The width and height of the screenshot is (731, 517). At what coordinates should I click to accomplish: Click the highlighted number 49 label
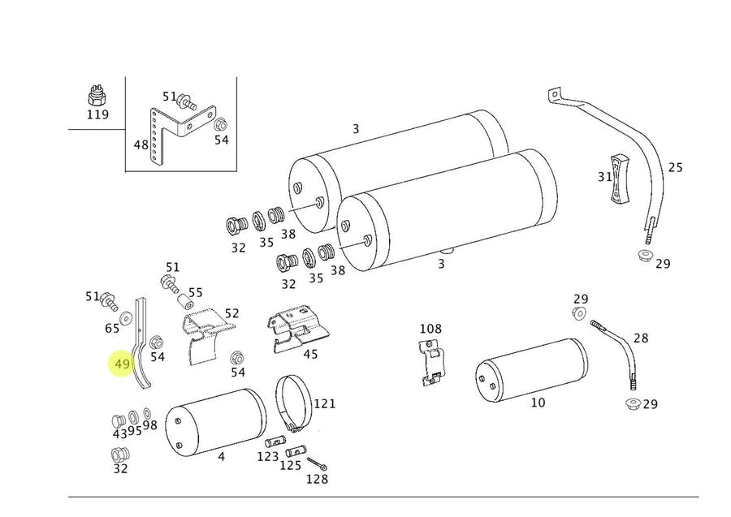coord(122,364)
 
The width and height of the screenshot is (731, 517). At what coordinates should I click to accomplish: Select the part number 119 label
coord(97,114)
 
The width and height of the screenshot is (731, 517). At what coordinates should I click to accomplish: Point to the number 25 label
coord(675,168)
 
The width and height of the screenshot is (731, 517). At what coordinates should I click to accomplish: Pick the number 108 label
coord(430,329)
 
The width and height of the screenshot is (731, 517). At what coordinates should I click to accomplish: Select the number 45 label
coord(310,353)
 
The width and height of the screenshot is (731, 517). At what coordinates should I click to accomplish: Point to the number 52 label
coord(232,312)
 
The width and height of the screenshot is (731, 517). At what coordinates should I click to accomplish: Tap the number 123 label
coord(268,457)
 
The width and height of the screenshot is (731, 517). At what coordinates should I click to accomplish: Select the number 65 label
coord(112,328)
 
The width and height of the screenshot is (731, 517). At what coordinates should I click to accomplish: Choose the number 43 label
coord(119,433)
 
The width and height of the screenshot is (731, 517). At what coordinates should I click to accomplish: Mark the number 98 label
coord(149,426)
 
